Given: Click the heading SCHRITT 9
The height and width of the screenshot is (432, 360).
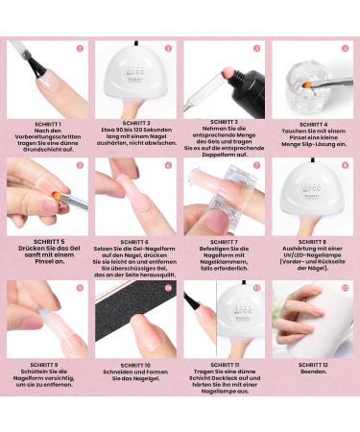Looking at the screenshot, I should point(45,364).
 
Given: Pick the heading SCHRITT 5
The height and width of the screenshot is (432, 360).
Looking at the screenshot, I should point(45,242).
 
